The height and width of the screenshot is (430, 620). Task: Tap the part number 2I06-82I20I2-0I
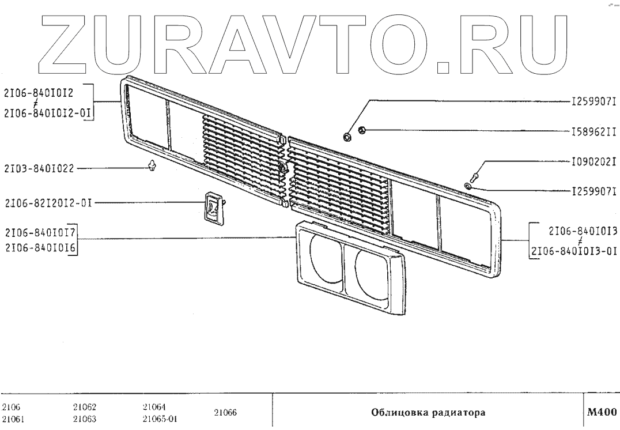point(48,203)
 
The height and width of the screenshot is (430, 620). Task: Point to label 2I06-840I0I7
point(41,233)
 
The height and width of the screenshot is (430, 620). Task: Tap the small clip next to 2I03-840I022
point(152,167)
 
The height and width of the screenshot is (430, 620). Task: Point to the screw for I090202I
point(476,172)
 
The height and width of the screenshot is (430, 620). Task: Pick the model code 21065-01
point(159,419)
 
